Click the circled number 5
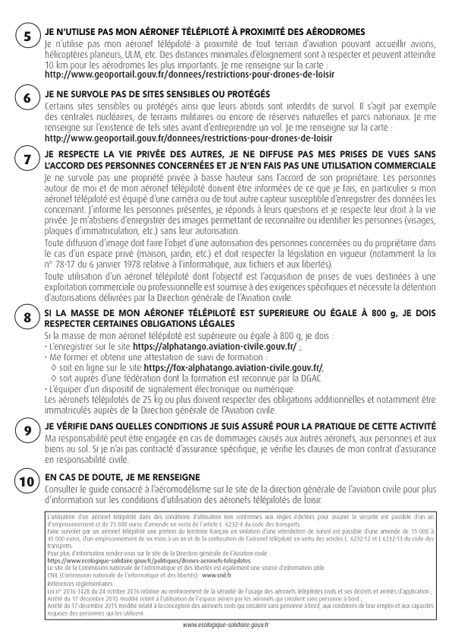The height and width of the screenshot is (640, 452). [x=27, y=37]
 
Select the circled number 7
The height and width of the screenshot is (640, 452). [x=27, y=160]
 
